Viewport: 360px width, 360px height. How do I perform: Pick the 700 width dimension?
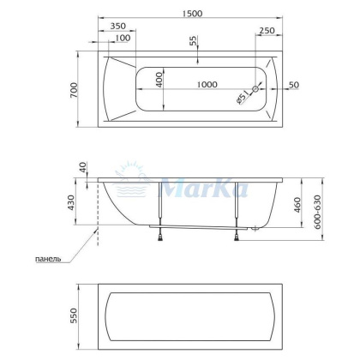(x=75, y=90)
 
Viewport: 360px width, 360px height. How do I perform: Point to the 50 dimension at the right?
(x=294, y=86)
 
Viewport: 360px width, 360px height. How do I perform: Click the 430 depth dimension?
(x=74, y=203)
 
